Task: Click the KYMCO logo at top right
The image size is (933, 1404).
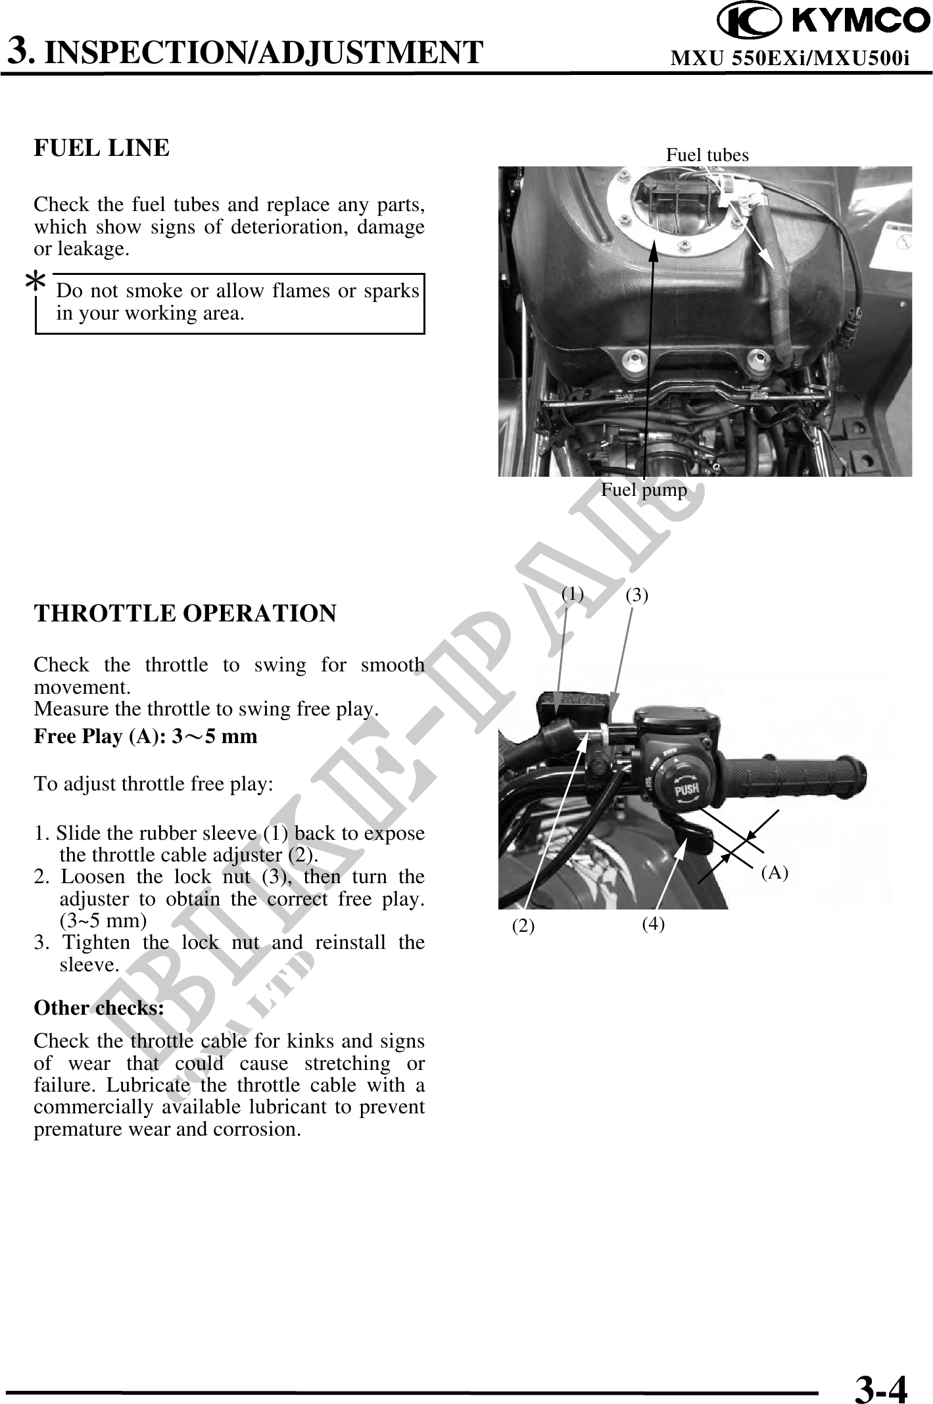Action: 823,21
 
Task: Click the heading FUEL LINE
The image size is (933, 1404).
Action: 101,148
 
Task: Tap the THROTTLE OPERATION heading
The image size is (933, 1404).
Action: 185,613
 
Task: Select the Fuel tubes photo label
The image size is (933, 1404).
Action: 707,155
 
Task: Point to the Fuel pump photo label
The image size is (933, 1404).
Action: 644,490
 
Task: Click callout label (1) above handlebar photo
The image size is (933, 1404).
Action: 573,594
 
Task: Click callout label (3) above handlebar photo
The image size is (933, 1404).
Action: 636,595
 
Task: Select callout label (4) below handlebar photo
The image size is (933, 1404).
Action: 653,924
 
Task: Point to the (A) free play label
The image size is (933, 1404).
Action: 774,873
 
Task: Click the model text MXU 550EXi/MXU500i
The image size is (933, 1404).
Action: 789,59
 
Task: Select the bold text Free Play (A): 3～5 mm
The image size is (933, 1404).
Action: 145,736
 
